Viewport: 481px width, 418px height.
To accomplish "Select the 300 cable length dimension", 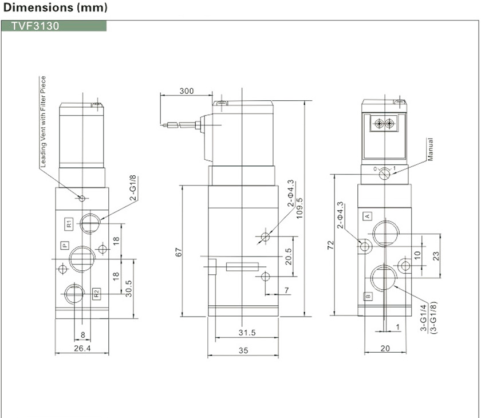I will (186, 91).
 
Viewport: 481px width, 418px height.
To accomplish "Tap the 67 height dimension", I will (178, 252).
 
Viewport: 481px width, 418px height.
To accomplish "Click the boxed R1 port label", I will (68, 223).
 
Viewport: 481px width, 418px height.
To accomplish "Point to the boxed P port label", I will (65, 245).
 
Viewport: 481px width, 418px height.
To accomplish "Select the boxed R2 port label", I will (96, 294).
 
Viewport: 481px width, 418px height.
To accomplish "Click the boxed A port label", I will (368, 216).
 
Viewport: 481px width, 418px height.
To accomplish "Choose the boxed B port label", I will (368, 296).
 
